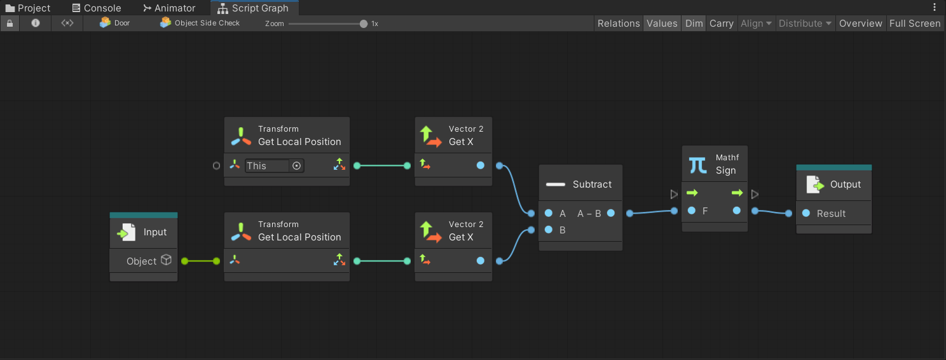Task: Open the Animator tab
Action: point(168,8)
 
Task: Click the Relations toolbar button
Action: point(618,24)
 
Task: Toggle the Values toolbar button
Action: point(662,24)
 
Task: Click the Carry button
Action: point(721,24)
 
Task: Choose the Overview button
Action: point(860,24)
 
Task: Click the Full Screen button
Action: point(914,24)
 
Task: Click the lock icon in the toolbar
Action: point(10,23)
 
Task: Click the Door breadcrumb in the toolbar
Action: point(115,23)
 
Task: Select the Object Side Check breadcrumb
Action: point(200,23)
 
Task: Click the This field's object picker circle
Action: point(296,166)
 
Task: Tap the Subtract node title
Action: point(592,184)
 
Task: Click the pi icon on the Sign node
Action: point(697,165)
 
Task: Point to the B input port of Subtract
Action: point(549,230)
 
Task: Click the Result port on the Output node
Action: point(806,214)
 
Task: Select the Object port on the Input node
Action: point(185,261)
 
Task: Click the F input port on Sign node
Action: point(691,211)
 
